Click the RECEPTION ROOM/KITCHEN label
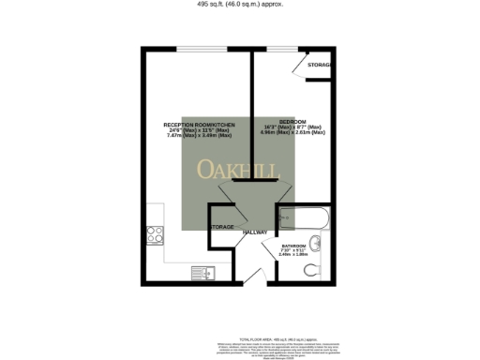[x=200, y=125]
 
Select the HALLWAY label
[x=255, y=232]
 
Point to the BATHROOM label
[x=293, y=245]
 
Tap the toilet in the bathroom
[x=311, y=270]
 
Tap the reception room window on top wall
[x=199, y=48]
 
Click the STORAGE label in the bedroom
[x=320, y=65]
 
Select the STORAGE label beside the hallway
[x=222, y=228]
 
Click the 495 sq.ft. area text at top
[x=239, y=4]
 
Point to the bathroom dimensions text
[x=293, y=252]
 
